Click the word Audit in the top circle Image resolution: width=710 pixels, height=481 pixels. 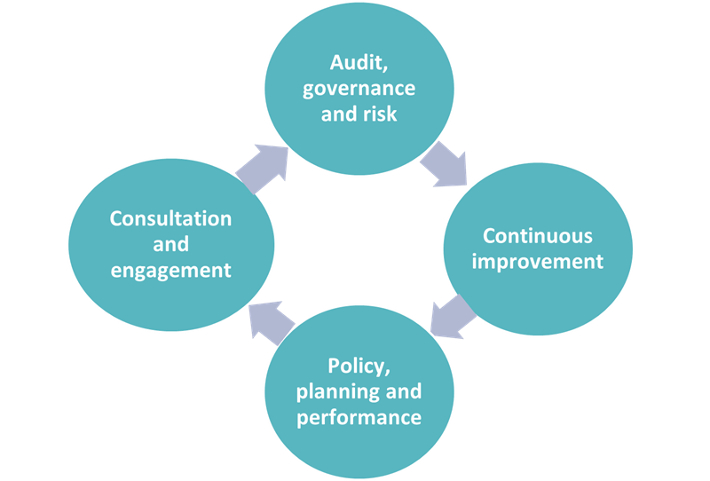click(x=357, y=62)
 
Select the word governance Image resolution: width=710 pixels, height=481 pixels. click(x=359, y=89)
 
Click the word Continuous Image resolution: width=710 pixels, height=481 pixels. click(x=538, y=236)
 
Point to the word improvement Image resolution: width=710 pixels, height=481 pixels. click(x=538, y=262)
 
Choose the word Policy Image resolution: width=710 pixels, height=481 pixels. click(x=357, y=367)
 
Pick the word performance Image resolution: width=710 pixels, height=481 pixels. click(x=359, y=417)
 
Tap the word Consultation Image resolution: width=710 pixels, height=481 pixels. click(x=170, y=219)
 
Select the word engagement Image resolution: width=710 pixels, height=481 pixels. click(x=170, y=271)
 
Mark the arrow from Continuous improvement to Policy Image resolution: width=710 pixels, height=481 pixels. click(x=453, y=317)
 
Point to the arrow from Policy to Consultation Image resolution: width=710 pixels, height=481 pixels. click(x=272, y=323)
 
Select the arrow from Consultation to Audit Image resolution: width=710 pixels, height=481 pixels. click(x=263, y=169)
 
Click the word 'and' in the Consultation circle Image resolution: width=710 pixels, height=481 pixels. click(x=170, y=245)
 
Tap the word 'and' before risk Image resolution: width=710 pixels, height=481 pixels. click(x=339, y=114)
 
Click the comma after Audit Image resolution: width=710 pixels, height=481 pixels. click(x=385, y=69)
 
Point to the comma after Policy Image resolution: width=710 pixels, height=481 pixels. click(x=388, y=374)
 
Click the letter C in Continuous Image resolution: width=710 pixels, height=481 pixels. click(x=489, y=236)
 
